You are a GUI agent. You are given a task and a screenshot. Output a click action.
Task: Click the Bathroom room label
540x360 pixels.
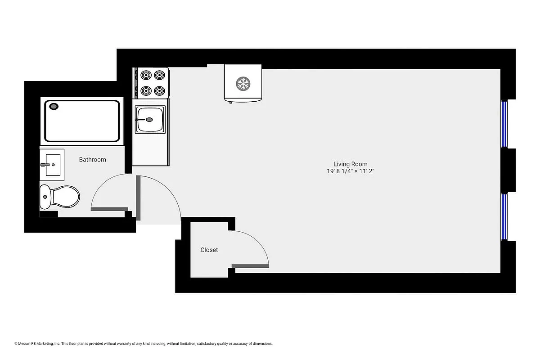(x=92, y=159)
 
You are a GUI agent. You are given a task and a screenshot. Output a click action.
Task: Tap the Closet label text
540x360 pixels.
(x=209, y=250)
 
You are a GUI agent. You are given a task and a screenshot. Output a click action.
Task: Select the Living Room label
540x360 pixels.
(x=350, y=164)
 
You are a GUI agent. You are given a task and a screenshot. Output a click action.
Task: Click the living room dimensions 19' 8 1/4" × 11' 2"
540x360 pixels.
(x=351, y=171)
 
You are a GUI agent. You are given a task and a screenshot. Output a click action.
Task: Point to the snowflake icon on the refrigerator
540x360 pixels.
(x=243, y=83)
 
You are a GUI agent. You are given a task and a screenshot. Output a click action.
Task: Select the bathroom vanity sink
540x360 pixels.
(x=52, y=165)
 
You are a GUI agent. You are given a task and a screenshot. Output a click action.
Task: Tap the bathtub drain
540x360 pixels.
(x=54, y=107)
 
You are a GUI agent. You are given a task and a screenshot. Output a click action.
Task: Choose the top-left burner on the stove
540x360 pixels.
(x=145, y=75)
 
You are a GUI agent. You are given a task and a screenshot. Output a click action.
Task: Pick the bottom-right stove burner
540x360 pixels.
(x=159, y=91)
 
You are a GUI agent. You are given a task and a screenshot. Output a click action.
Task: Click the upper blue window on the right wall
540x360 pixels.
(x=504, y=124)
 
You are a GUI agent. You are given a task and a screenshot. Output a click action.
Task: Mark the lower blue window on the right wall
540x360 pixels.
(x=504, y=217)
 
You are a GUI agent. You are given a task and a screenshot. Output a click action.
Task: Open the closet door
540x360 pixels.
(x=250, y=266)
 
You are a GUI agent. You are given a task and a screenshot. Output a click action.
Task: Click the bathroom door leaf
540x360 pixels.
(x=109, y=209)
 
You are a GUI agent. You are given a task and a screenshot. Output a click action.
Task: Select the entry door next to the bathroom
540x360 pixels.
(x=138, y=198)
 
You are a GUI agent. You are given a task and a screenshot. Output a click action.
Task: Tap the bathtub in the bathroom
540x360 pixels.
(x=82, y=121)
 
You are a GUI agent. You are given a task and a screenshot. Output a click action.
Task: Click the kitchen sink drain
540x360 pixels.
(x=149, y=120)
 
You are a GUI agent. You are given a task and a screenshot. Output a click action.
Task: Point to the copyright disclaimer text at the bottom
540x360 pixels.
(x=144, y=344)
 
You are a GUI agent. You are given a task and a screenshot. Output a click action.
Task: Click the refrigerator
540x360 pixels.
(x=243, y=84)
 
